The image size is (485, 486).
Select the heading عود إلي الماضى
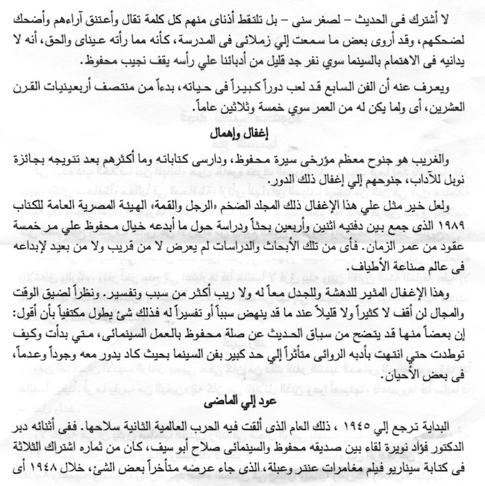click(x=242, y=405)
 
